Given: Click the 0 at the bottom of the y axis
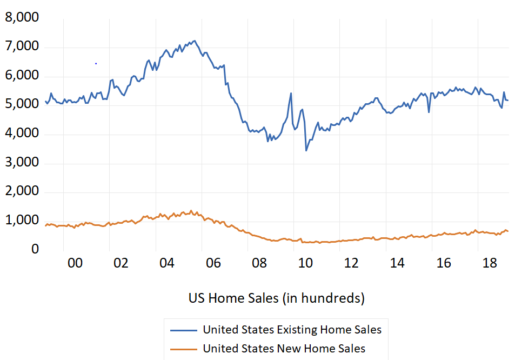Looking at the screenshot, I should point(35,249).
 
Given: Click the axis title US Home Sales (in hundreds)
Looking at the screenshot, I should point(276,298).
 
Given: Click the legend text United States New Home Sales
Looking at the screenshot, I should point(284,349).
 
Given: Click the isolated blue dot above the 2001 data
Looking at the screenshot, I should point(96,63).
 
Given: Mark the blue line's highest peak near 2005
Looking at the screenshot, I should point(195,41).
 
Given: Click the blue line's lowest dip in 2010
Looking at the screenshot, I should point(306,150).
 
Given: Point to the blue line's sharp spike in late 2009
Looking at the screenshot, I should point(291,94).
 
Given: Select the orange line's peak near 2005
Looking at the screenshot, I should point(191,211).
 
